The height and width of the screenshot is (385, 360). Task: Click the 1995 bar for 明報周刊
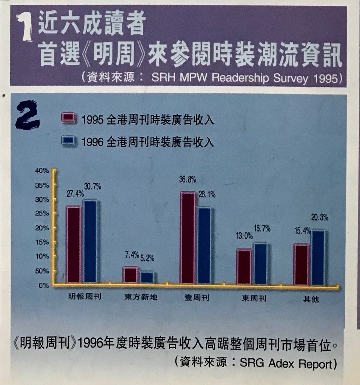click(x=74, y=244)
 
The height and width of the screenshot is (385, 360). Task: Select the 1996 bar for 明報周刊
click(x=90, y=241)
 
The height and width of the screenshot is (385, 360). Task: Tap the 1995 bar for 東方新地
click(x=130, y=275)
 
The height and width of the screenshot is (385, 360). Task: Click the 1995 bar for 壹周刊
click(x=188, y=238)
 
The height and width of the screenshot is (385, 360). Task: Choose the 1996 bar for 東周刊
click(x=260, y=264)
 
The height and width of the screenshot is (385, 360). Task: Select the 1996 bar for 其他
click(x=318, y=258)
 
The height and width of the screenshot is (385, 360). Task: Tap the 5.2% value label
click(x=147, y=258)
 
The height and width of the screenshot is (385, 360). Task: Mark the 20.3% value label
click(x=320, y=217)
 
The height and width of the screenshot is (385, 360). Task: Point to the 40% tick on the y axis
click(x=42, y=171)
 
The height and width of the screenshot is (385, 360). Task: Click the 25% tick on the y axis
click(x=42, y=214)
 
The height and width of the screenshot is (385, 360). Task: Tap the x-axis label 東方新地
click(x=141, y=297)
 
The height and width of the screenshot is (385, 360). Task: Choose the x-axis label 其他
click(x=310, y=299)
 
